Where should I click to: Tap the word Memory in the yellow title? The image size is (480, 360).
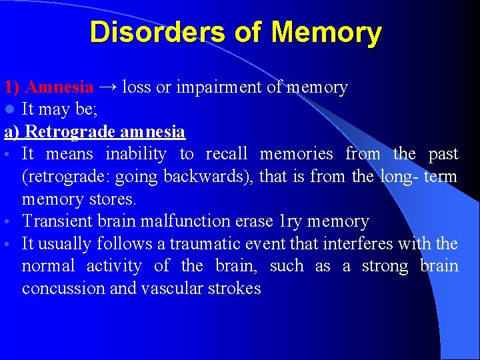(x=327, y=32)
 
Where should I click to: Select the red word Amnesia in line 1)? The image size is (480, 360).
(x=59, y=87)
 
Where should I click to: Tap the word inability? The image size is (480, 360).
(x=136, y=154)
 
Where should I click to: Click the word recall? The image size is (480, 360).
(x=226, y=154)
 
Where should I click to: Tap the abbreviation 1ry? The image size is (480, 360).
(x=291, y=221)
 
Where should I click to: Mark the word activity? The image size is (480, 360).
(x=114, y=265)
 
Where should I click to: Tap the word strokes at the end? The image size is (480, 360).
(x=237, y=288)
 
